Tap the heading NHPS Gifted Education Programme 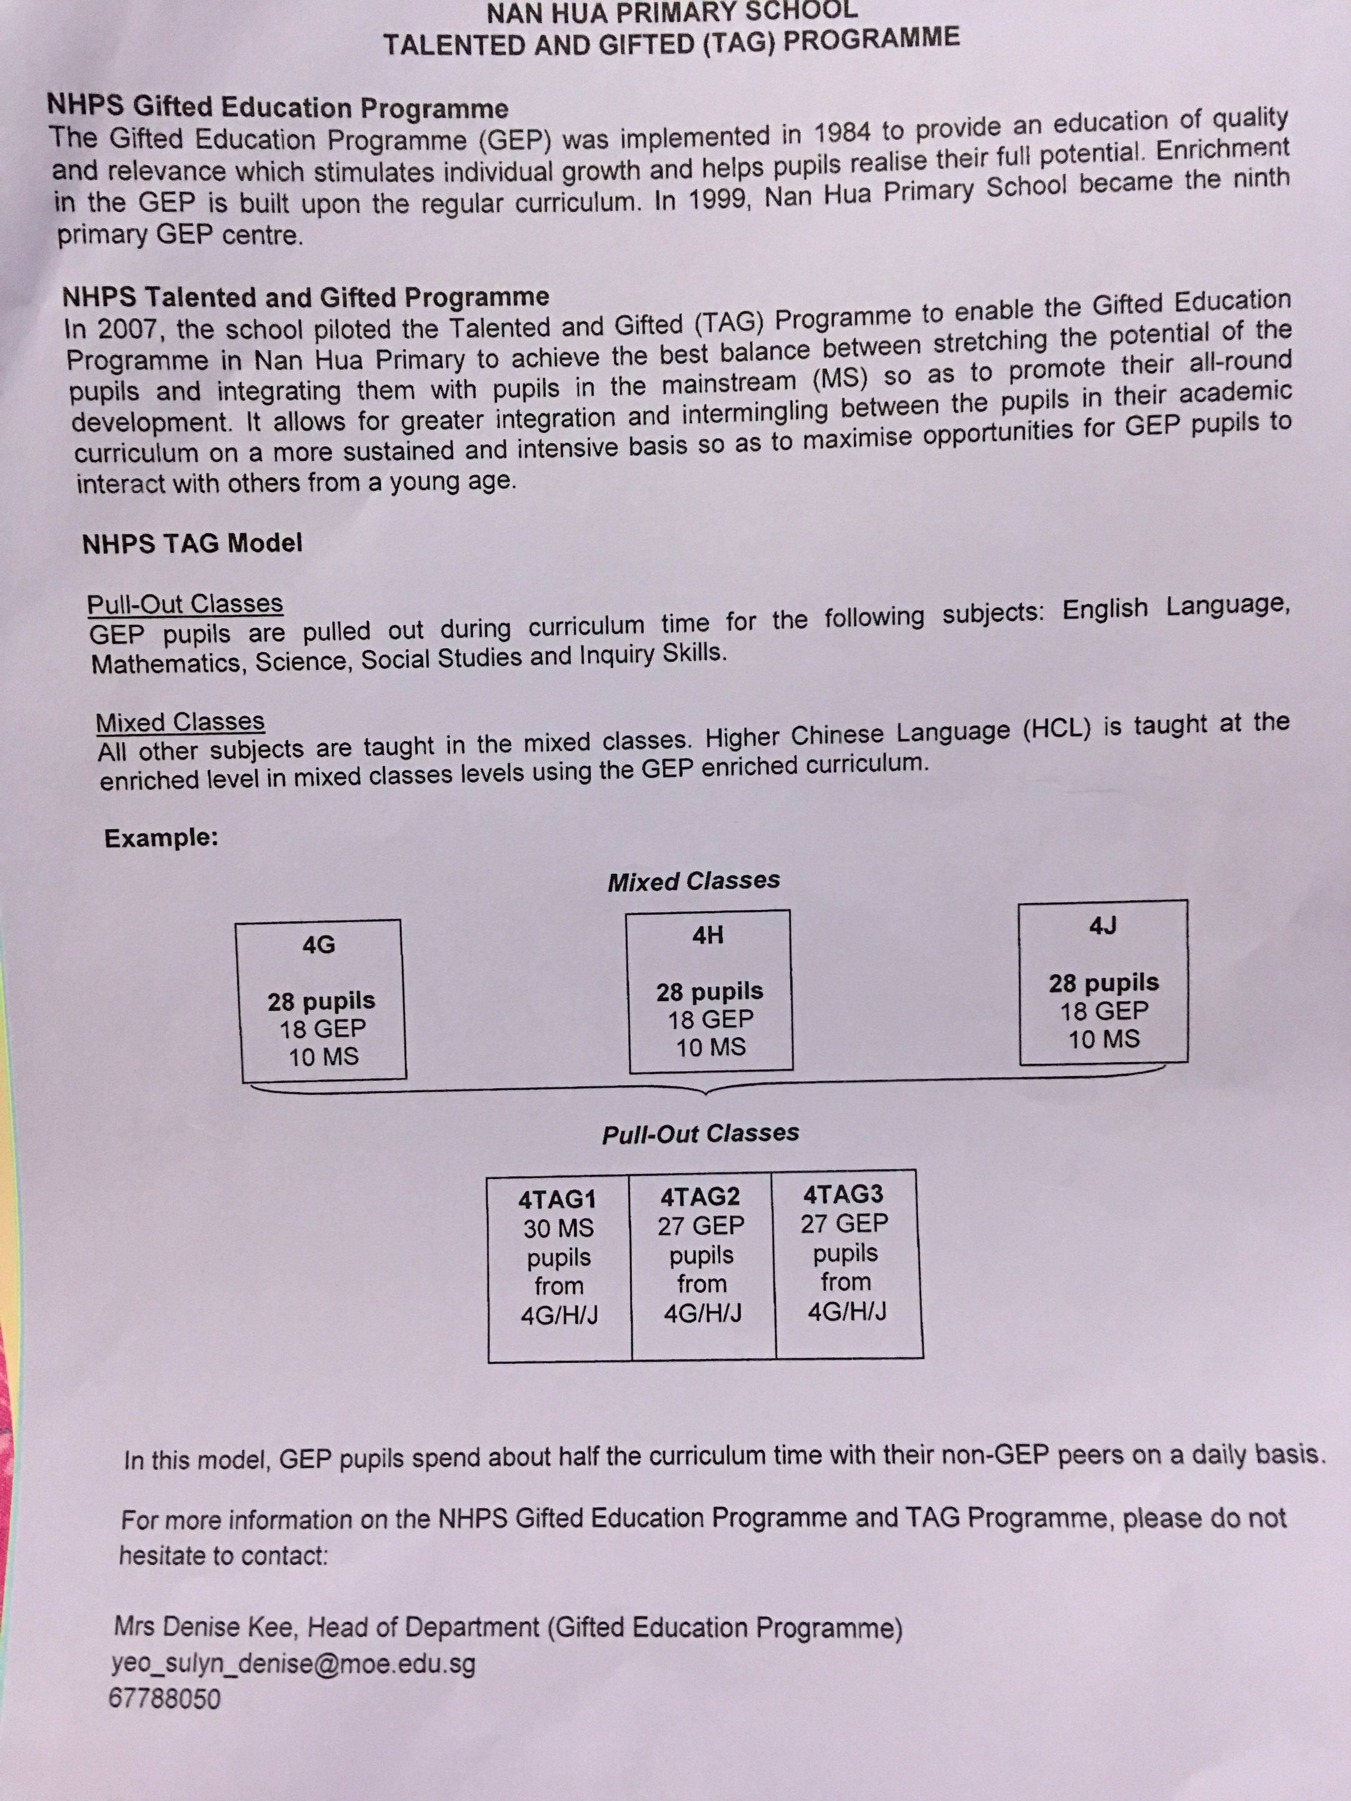click(277, 107)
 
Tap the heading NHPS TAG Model click(192, 543)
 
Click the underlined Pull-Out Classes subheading click(185, 603)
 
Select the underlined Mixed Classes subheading click(180, 722)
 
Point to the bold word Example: click(161, 838)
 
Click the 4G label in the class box click(319, 944)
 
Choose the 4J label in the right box click(1103, 926)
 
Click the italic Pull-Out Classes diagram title click(700, 1134)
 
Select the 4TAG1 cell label click(558, 1200)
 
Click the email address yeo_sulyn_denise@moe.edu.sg click(293, 1664)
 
